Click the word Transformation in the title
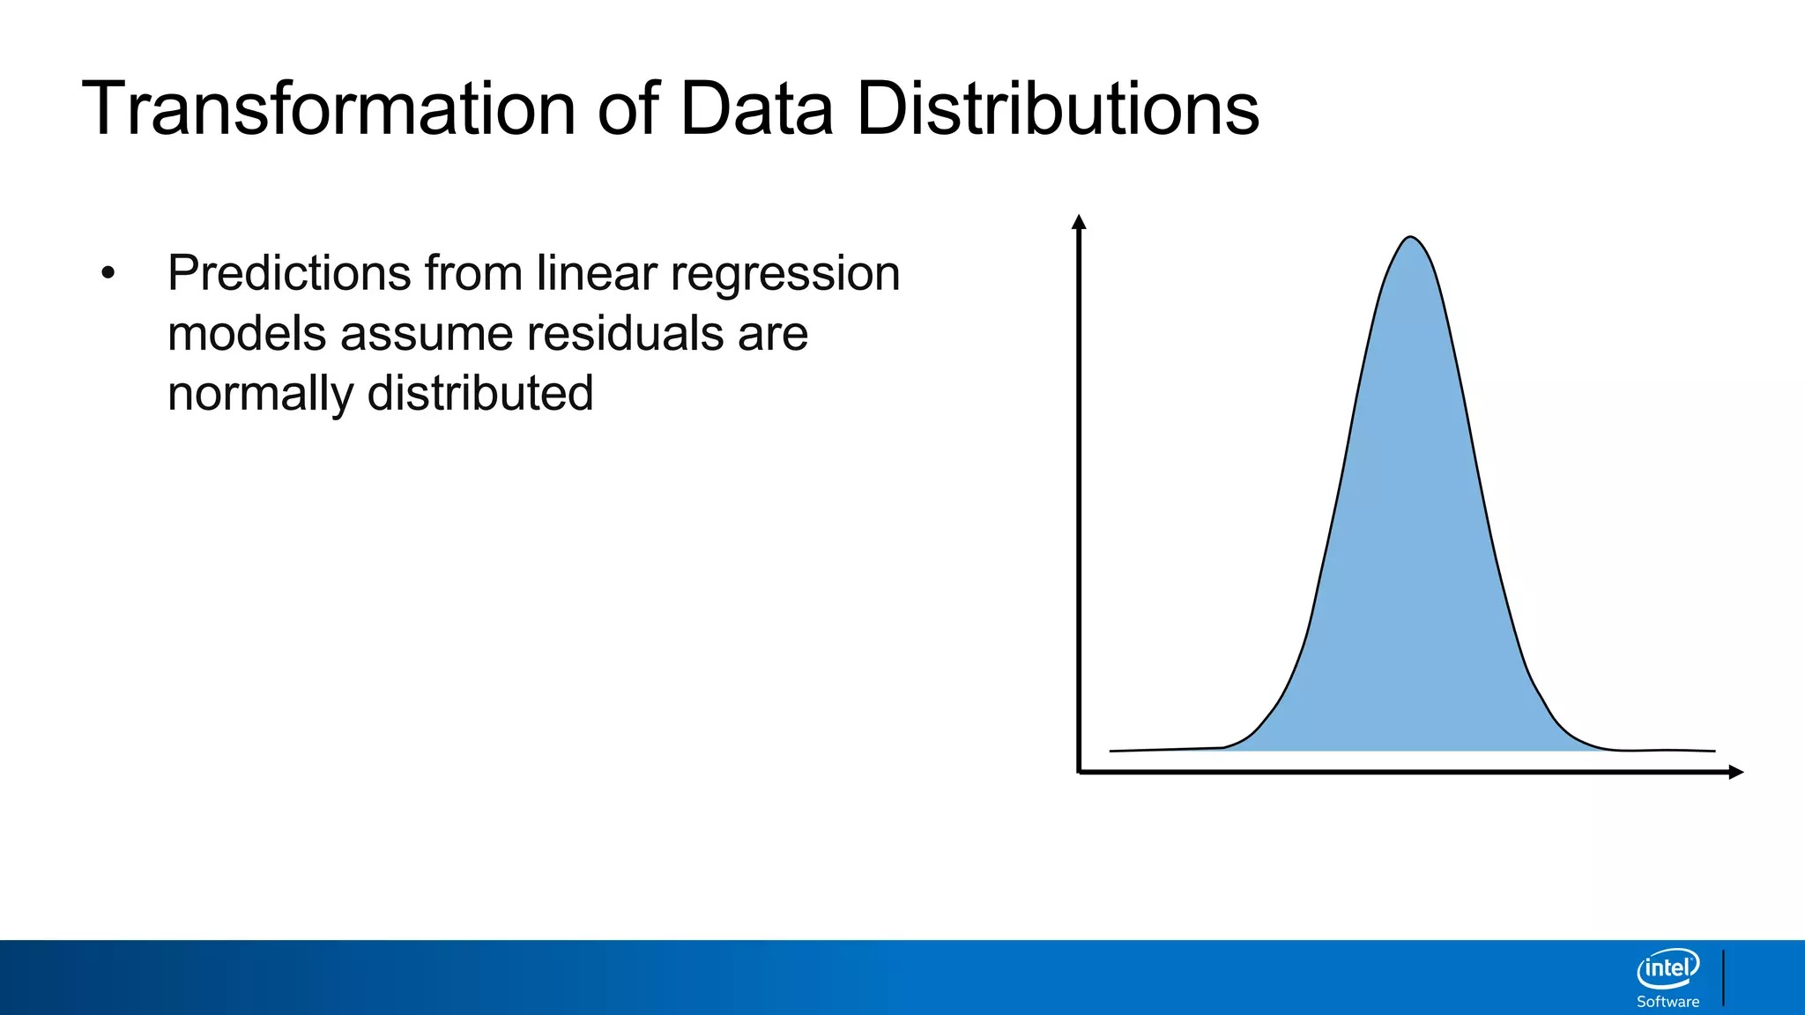pyautogui.click(x=328, y=109)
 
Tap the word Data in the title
pyautogui.click(x=756, y=109)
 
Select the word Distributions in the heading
pyautogui.click(x=1058, y=109)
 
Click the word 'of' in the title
pyautogui.click(x=628, y=109)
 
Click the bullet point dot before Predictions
pyautogui.click(x=108, y=273)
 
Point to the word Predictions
pyautogui.click(x=289, y=273)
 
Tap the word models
pyautogui.click(x=247, y=334)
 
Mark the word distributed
pyautogui.click(x=480, y=393)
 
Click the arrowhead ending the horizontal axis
pyautogui.click(x=1735, y=773)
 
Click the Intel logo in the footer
pyautogui.click(x=1668, y=969)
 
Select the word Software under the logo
pyautogui.click(x=1668, y=1002)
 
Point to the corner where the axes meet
pyautogui.click(x=1080, y=772)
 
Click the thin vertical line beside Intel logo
pyautogui.click(x=1723, y=977)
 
